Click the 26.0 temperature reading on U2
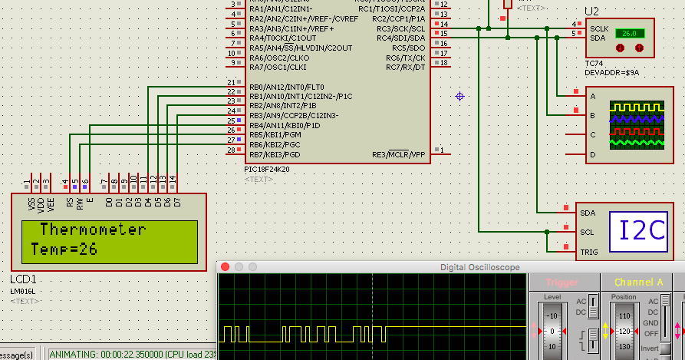tap(628, 34)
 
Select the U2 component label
tap(591, 12)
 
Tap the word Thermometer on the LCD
tap(92, 230)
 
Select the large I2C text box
tap(643, 231)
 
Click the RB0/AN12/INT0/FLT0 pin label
tap(286, 87)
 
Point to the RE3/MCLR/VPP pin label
tap(399, 154)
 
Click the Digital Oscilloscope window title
tap(479, 267)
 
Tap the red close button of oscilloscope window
tap(225, 267)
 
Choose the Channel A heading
tap(638, 282)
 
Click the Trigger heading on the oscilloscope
tap(562, 282)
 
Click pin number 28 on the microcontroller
tap(232, 150)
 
